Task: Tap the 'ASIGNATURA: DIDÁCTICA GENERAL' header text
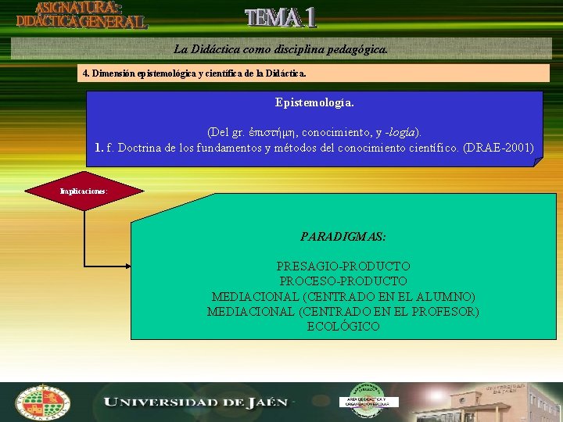81,16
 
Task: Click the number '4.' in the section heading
86,73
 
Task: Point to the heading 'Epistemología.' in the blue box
314,102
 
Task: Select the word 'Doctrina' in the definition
139,147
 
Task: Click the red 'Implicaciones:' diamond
84,191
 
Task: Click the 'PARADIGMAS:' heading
343,236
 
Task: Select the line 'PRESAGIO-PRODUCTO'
343,266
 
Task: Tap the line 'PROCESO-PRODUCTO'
343,281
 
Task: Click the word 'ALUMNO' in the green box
446,297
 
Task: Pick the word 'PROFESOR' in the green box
448,312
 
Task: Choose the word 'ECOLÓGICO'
343,327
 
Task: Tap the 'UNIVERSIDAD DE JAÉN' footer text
195,402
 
